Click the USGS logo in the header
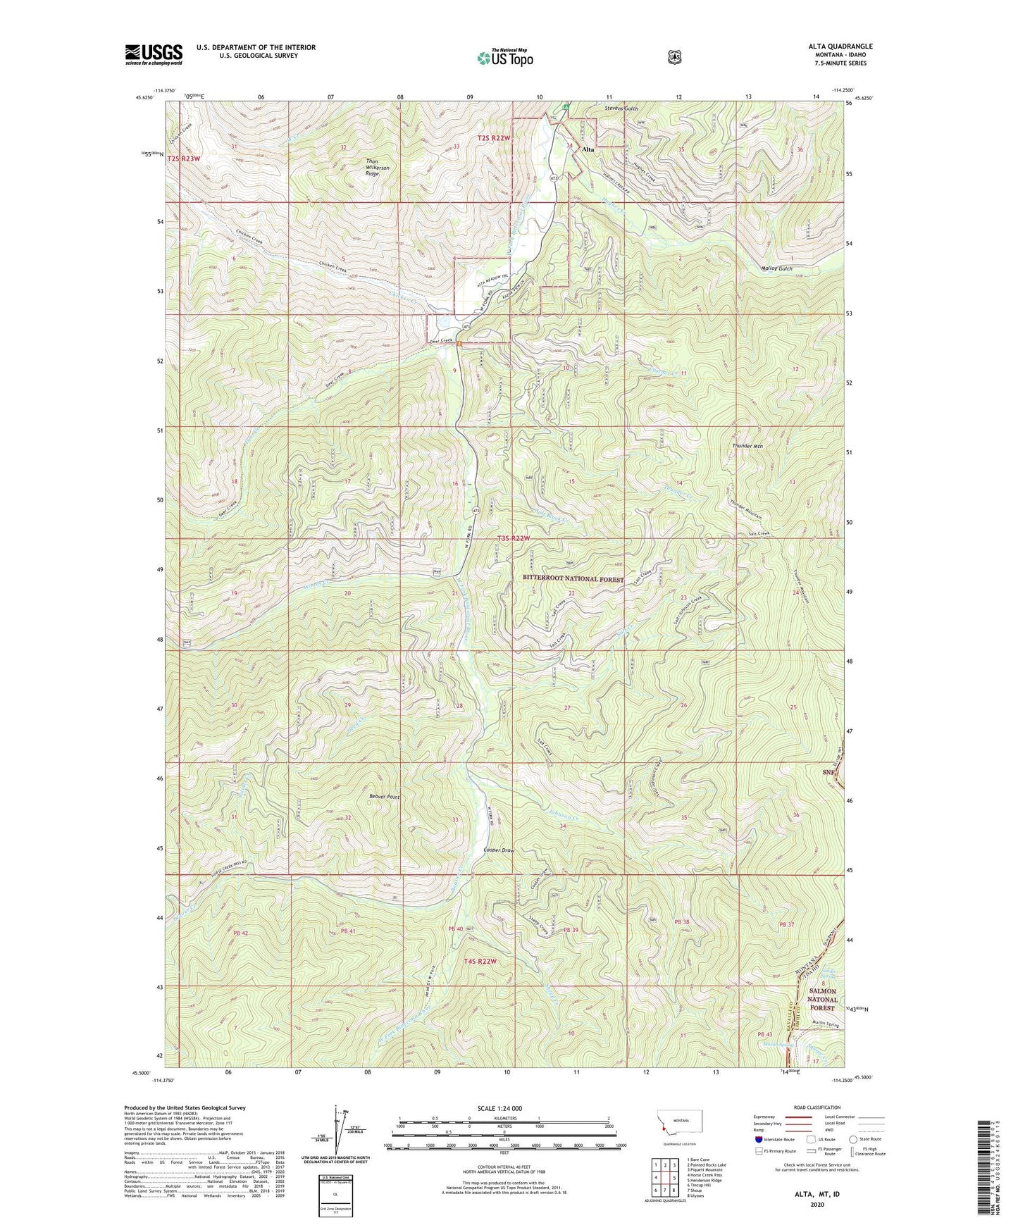(154, 54)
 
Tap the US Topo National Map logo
(504, 58)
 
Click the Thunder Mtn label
(747, 446)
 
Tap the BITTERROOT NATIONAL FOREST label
(573, 578)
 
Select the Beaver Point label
(384, 797)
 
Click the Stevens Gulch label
(621, 108)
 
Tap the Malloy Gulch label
(777, 268)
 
